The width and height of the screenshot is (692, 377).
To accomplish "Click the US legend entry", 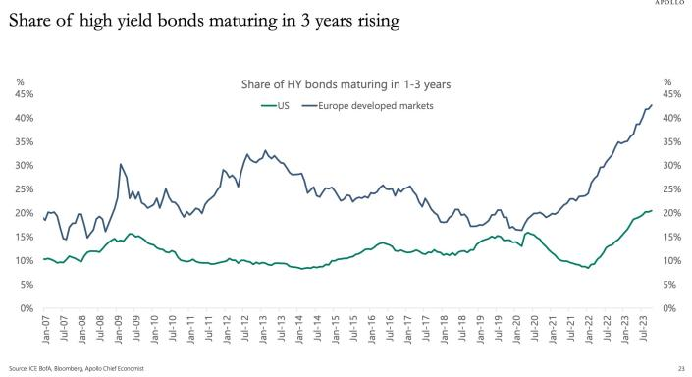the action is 275,106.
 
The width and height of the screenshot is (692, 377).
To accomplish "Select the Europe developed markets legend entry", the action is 368,106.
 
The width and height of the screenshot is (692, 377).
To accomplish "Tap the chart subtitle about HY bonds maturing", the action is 346,84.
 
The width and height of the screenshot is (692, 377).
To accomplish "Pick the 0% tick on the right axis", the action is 669,308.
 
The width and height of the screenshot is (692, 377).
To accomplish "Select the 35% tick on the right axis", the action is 671,141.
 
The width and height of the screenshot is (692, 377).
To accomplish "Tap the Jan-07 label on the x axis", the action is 46,329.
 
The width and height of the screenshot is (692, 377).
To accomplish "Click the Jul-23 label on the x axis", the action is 644,328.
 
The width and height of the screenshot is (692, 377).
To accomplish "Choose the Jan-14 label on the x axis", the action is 299,329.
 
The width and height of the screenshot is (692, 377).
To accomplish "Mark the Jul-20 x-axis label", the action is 535,328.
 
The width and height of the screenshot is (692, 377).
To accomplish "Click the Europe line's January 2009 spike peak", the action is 121,164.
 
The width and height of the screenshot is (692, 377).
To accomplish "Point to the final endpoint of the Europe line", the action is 652,105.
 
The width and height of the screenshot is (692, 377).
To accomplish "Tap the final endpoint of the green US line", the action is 652,210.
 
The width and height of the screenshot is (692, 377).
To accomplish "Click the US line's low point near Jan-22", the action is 588,268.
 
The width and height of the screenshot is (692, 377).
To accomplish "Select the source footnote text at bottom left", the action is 77,368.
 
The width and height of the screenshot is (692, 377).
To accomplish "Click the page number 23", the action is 681,368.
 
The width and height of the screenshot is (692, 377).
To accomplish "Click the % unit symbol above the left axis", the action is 20,82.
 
